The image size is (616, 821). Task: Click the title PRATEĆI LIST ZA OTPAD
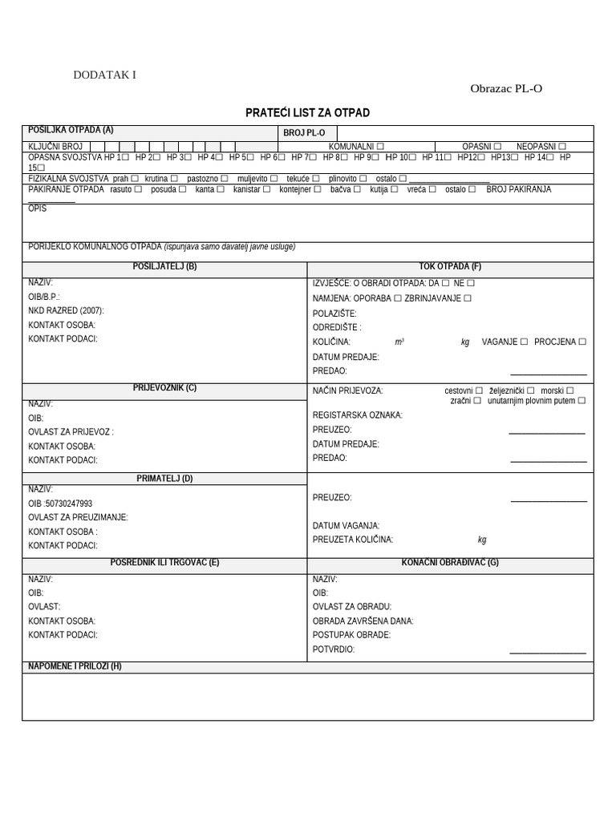point(307,113)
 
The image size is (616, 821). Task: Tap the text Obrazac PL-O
point(505,88)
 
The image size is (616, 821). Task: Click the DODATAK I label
point(105,75)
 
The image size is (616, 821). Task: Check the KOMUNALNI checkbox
point(380,147)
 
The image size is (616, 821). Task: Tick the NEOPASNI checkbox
point(562,147)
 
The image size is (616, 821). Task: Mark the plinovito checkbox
point(364,178)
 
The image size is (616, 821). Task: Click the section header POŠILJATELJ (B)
point(164,267)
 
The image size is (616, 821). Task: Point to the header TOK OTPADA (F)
point(450,267)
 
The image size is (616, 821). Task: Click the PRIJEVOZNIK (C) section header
point(164,388)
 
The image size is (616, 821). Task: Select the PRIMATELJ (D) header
point(164,479)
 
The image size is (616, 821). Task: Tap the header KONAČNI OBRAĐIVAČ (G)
point(450,562)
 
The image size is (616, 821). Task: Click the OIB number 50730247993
point(70,504)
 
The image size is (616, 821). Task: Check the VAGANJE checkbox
point(524,342)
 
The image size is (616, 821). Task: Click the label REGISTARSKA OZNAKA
point(357,415)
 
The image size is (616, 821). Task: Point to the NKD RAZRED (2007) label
point(66,311)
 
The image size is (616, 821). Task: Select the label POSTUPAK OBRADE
point(351,635)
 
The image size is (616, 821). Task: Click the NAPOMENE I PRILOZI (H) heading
point(75,666)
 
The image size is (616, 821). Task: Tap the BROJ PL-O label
point(304,132)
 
